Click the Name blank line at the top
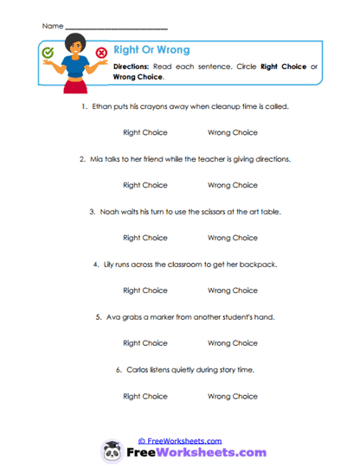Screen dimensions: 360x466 (x=116, y=28)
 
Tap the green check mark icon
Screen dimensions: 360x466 (x=48, y=53)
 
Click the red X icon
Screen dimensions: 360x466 (x=102, y=53)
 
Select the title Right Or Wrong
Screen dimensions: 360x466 (x=151, y=50)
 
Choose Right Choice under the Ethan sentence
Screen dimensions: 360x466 (x=145, y=132)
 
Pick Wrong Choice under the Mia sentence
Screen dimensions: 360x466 (x=233, y=185)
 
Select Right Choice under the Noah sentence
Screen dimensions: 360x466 (x=145, y=238)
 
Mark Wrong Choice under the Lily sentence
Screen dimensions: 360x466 (x=233, y=290)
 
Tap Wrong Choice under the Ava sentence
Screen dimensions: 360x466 (x=233, y=343)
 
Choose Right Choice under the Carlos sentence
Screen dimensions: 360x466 (x=145, y=396)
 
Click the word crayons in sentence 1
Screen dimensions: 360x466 (x=151, y=106)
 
